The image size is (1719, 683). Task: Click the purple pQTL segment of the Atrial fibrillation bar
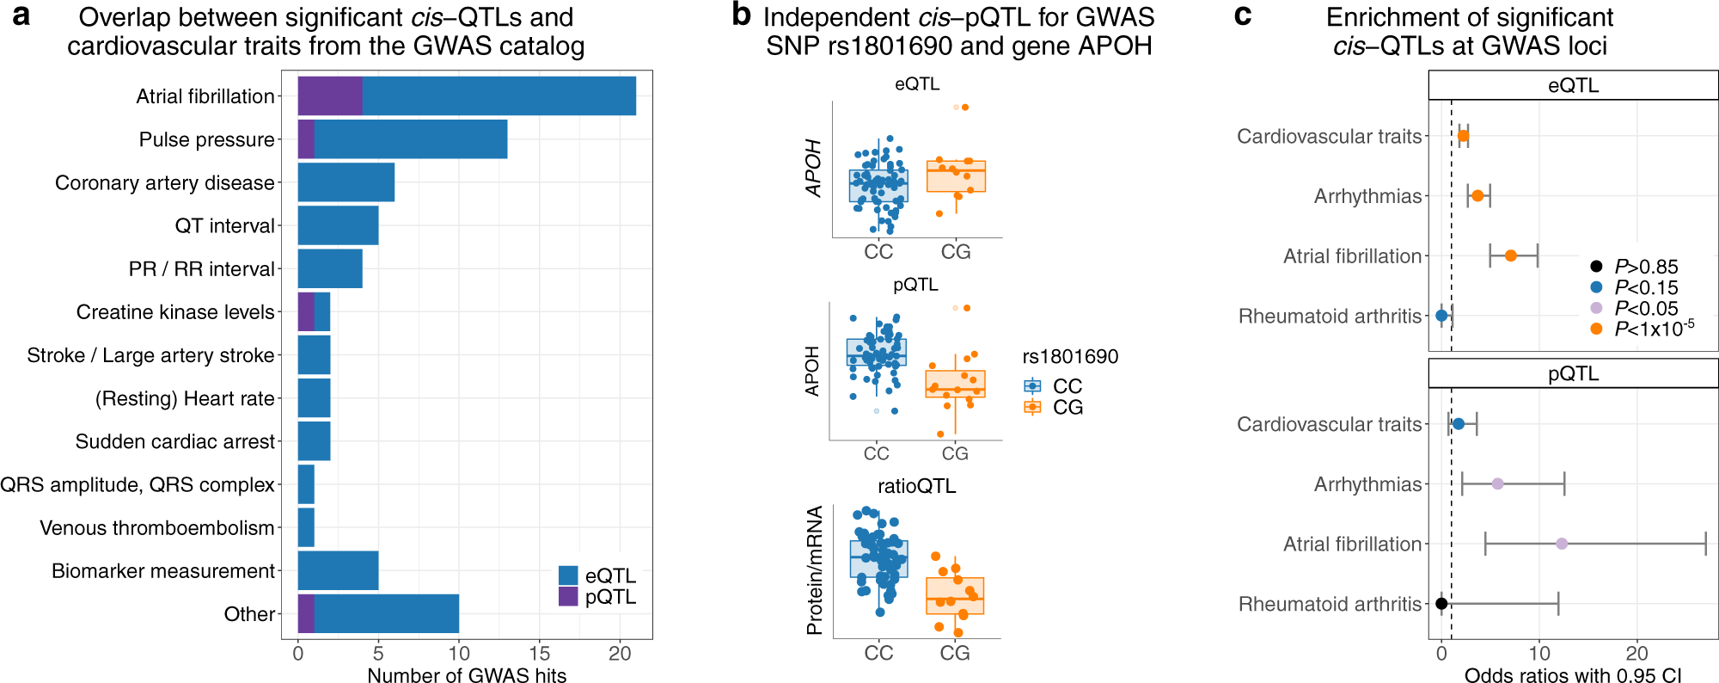tap(329, 95)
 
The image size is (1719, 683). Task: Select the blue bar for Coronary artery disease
tap(346, 182)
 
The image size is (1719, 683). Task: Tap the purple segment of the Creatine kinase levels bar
tap(305, 311)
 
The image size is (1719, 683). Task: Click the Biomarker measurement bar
tap(338, 570)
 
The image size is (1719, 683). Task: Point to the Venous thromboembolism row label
tap(157, 528)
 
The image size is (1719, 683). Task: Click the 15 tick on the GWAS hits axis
tap(539, 653)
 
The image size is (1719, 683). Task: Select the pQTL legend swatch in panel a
tap(568, 596)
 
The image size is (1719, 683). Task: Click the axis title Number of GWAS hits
tap(467, 675)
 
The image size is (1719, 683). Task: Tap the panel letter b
tap(741, 15)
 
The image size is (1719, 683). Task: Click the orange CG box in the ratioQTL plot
tap(955, 595)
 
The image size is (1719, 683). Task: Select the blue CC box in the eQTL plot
tap(878, 186)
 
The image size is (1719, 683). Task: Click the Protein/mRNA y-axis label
tap(814, 569)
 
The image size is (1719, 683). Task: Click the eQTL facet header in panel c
tap(1573, 85)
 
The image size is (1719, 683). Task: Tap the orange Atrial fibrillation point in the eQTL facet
tap(1510, 255)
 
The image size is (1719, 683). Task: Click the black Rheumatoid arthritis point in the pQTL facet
tap(1441, 604)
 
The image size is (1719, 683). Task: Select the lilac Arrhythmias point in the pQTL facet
tap(1497, 484)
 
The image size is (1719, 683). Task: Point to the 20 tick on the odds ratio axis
tap(1636, 653)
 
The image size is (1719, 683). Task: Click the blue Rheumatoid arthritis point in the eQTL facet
tap(1441, 316)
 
